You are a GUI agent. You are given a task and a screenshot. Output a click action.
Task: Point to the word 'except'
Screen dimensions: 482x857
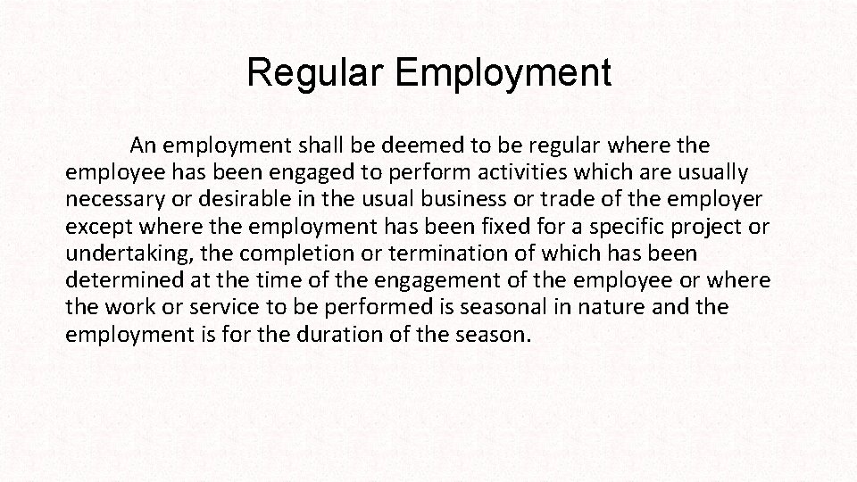pos(96,227)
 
